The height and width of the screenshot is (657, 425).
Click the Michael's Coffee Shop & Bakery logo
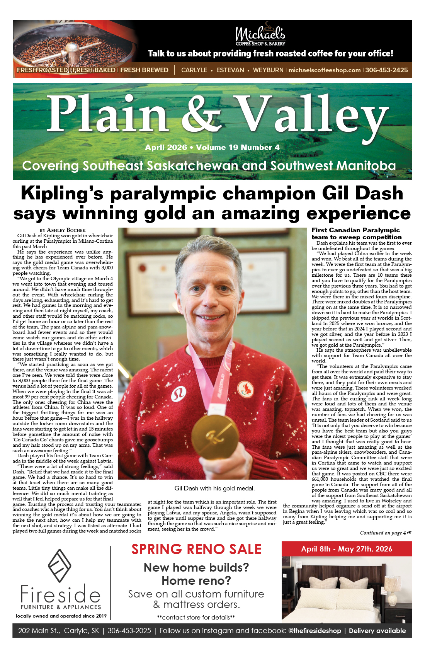click(260, 35)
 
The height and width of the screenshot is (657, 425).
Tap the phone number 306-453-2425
click(386, 70)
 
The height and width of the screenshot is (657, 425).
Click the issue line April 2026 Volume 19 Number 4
click(212, 148)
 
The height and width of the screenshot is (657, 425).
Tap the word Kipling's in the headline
click(62, 193)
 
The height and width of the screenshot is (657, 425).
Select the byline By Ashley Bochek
click(63, 230)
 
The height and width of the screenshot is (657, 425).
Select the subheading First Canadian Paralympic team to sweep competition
click(356, 233)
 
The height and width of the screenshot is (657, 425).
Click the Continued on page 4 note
click(385, 533)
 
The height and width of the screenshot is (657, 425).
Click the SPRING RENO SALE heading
click(196, 549)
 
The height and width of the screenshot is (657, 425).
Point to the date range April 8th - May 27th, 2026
click(347, 549)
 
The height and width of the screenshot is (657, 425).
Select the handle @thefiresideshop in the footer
click(314, 631)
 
